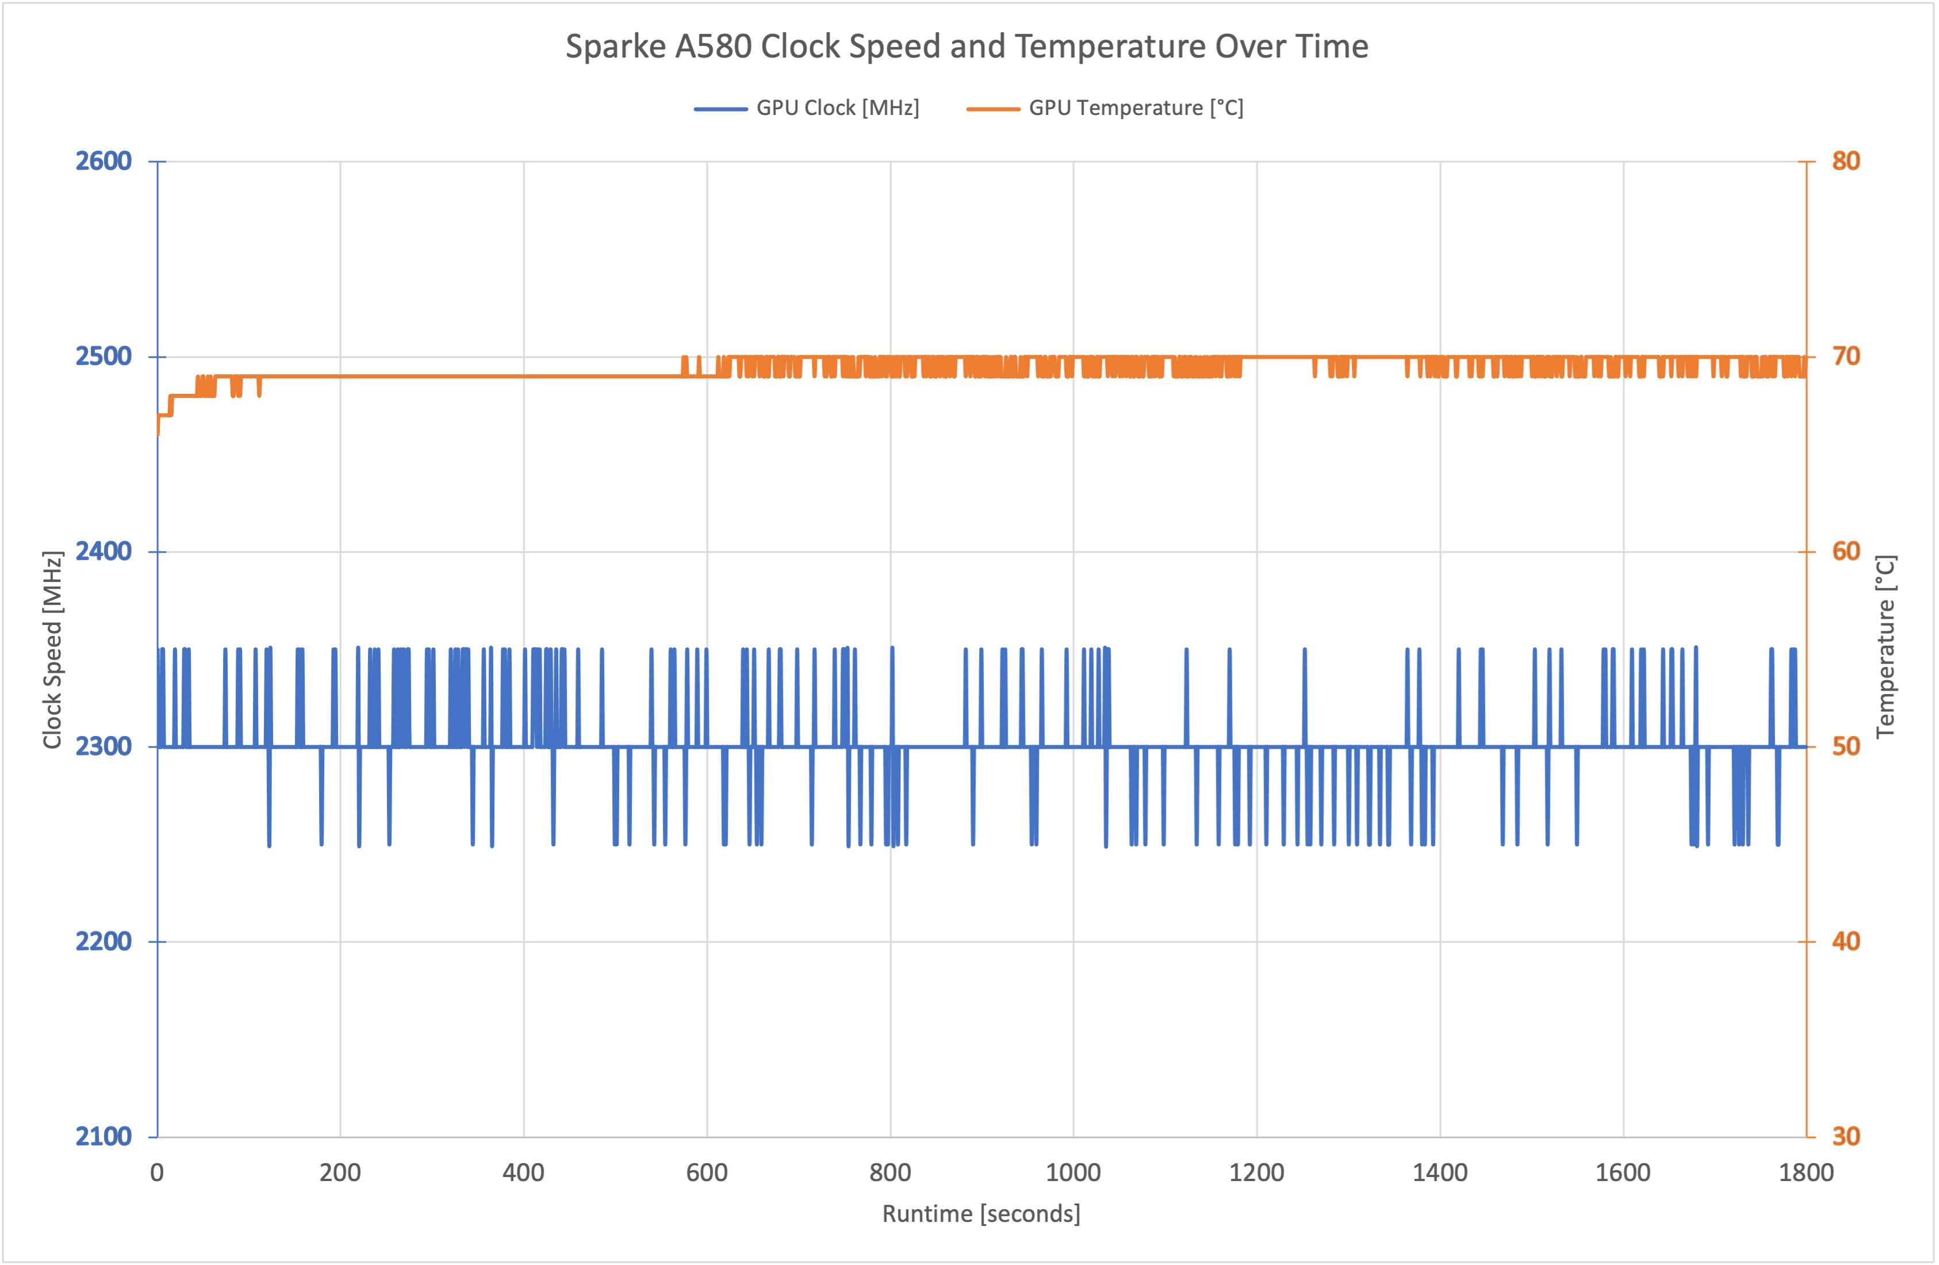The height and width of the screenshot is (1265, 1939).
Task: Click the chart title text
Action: click(x=966, y=47)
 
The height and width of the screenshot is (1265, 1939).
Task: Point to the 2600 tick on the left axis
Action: click(x=103, y=162)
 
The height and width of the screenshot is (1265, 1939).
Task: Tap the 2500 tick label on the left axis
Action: click(x=103, y=356)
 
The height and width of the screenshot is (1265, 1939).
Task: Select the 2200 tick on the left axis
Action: click(x=103, y=941)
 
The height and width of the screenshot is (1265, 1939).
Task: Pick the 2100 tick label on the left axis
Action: click(x=103, y=1136)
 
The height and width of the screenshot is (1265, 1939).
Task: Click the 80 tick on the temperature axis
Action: click(x=1846, y=162)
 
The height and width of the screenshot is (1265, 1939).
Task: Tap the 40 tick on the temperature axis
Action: click(x=1846, y=941)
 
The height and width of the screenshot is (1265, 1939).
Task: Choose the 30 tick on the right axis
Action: click(x=1846, y=1136)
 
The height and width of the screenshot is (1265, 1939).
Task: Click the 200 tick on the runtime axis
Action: click(x=340, y=1173)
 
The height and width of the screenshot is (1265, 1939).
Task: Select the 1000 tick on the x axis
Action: click(x=1073, y=1173)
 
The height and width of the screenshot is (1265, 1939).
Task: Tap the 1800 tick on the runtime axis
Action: click(x=1806, y=1173)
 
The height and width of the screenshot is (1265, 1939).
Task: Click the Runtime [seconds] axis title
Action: click(x=981, y=1214)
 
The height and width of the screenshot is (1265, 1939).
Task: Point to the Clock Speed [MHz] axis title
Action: click(x=53, y=650)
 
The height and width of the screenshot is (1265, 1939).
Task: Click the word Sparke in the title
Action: click(x=616, y=47)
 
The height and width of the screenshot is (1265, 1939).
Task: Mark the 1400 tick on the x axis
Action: click(x=1439, y=1173)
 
